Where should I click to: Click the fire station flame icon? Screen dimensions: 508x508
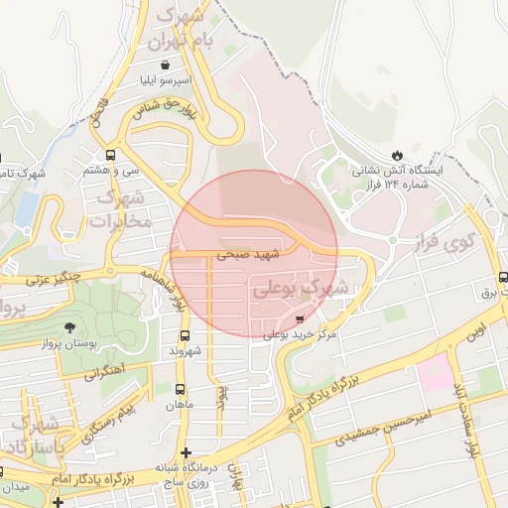[x=398, y=155]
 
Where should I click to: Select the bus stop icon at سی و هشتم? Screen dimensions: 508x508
[x=109, y=155]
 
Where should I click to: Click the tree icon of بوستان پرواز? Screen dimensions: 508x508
[x=68, y=327]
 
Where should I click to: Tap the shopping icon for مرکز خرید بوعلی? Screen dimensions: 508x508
[x=301, y=318]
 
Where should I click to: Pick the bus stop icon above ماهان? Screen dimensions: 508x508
[x=180, y=389]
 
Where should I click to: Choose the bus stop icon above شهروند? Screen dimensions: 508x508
[x=185, y=335]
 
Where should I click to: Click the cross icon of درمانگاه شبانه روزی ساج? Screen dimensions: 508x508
[x=185, y=452]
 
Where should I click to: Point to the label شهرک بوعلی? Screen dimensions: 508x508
[x=302, y=288]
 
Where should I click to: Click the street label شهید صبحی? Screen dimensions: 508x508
[x=249, y=255]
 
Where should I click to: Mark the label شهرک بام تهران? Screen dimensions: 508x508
[x=182, y=30]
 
